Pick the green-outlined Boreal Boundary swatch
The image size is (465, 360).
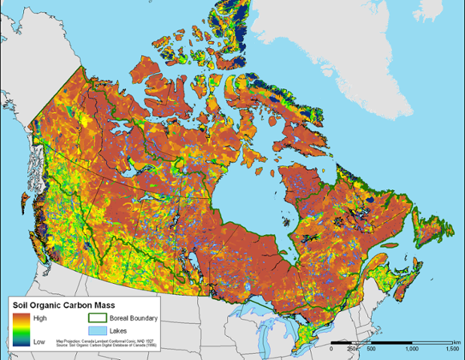click(x=93, y=319)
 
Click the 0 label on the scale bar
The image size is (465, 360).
click(x=332, y=349)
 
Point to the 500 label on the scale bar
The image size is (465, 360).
click(x=371, y=349)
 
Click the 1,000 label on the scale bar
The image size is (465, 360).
click(x=411, y=349)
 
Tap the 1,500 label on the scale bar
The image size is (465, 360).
click(x=451, y=349)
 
